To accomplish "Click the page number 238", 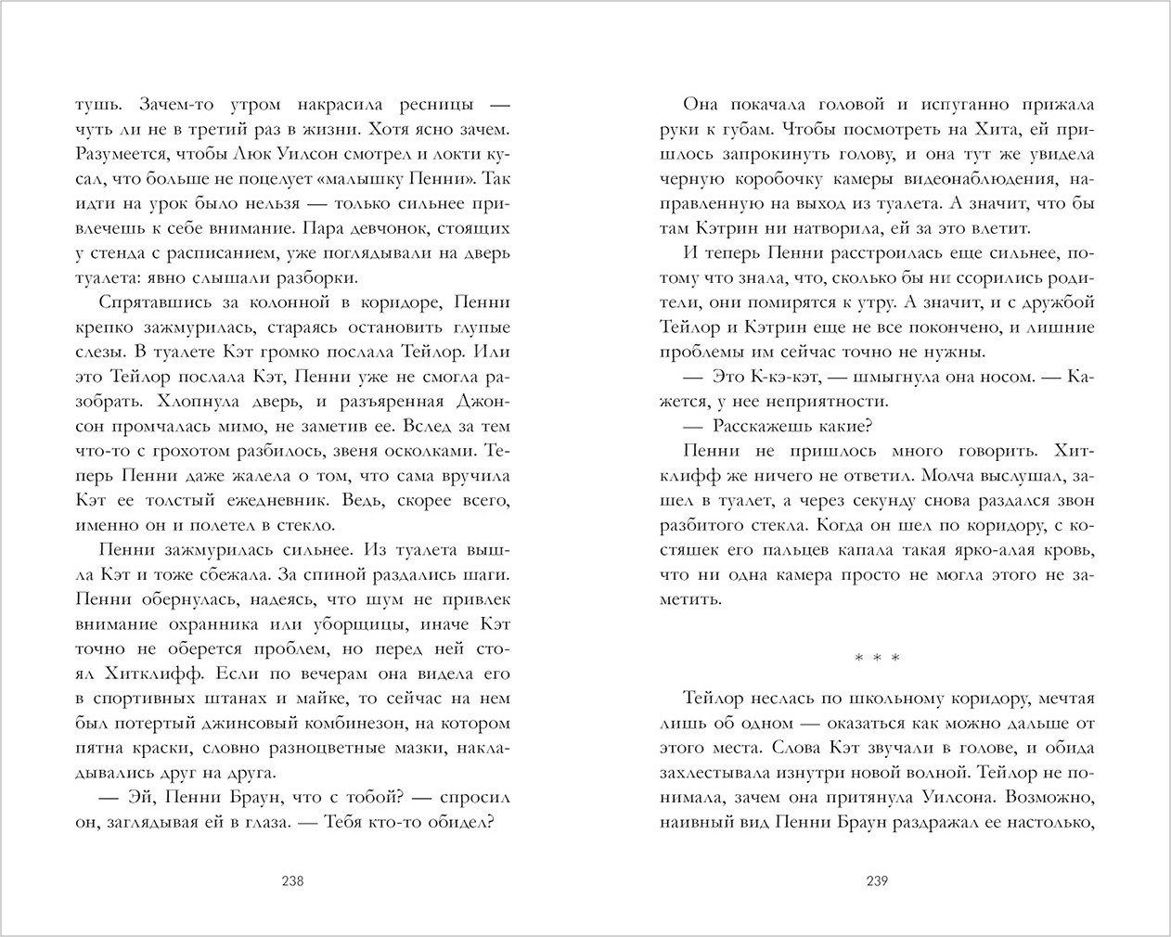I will pyautogui.click(x=292, y=881).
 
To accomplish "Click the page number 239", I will pyautogui.click(x=877, y=881).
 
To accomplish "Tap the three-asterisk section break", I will pyautogui.click(x=877, y=660).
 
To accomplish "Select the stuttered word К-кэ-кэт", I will pyautogui.click(x=784, y=377).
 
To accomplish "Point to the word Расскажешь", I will pyautogui.click(x=764, y=427).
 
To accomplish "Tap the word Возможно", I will pyautogui.click(x=1049, y=797).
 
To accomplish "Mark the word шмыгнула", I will pyautogui.click(x=894, y=377).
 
